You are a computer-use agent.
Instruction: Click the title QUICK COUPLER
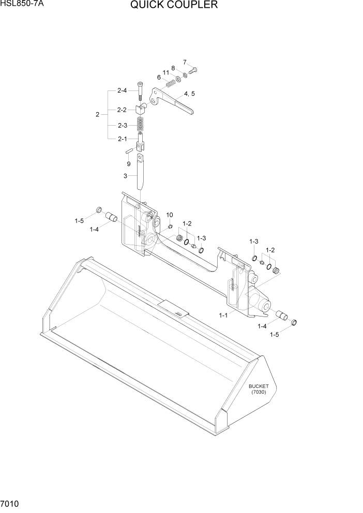(174, 6)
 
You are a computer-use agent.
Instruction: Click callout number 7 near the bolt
(185, 63)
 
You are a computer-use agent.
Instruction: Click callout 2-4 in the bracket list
(122, 90)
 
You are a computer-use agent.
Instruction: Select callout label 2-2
(122, 110)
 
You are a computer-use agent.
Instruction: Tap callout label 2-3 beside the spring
(122, 125)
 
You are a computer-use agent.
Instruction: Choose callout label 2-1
(122, 139)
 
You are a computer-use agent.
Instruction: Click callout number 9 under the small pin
(129, 164)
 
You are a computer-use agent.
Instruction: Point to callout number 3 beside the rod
(125, 176)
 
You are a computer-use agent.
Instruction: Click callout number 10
(170, 215)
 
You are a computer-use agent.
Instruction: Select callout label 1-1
(224, 315)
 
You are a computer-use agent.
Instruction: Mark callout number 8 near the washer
(173, 68)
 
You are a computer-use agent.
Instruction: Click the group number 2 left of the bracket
(97, 114)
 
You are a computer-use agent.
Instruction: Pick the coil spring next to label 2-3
(140, 125)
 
